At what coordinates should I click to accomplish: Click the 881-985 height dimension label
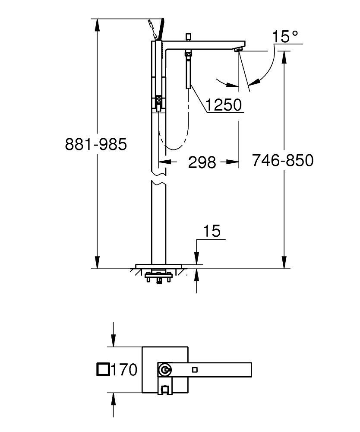point(96,144)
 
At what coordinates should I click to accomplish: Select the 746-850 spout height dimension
point(282,161)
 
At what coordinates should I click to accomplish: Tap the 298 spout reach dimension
point(202,162)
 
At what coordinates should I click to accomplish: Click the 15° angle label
point(285,37)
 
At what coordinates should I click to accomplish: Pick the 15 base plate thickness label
point(212,231)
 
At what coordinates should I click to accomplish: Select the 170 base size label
point(124,370)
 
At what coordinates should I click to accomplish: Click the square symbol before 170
point(103,370)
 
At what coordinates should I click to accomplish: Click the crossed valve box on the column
point(158,102)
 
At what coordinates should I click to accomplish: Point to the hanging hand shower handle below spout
point(188,71)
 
